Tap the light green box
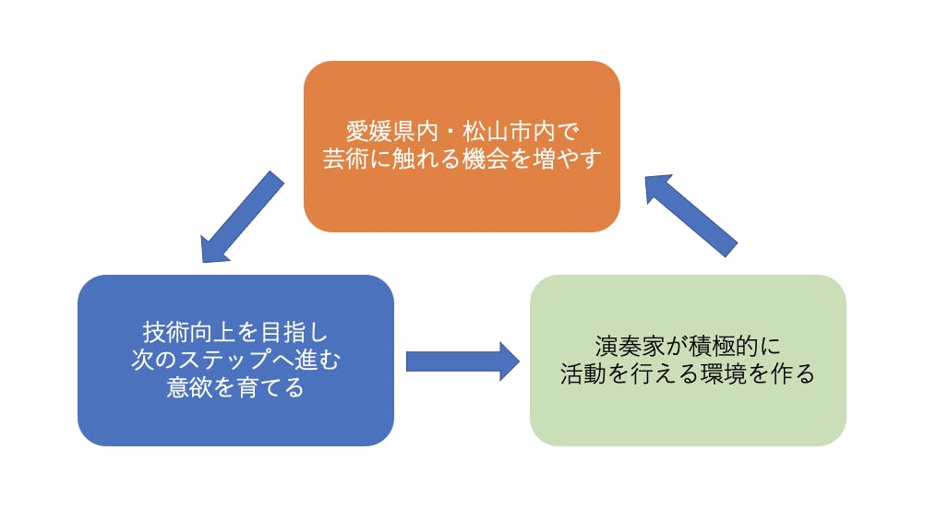pyautogui.click(x=688, y=415)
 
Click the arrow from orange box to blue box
pyautogui.click(x=243, y=217)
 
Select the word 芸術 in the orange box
pyautogui.click(x=343, y=159)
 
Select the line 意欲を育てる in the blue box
pyautogui.click(x=235, y=387)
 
